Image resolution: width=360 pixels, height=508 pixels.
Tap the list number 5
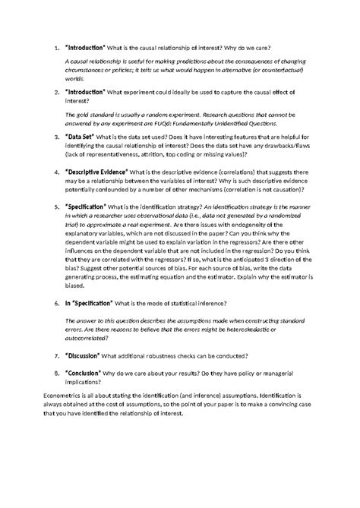(55, 206)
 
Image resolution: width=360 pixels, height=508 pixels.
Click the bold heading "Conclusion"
(90, 373)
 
